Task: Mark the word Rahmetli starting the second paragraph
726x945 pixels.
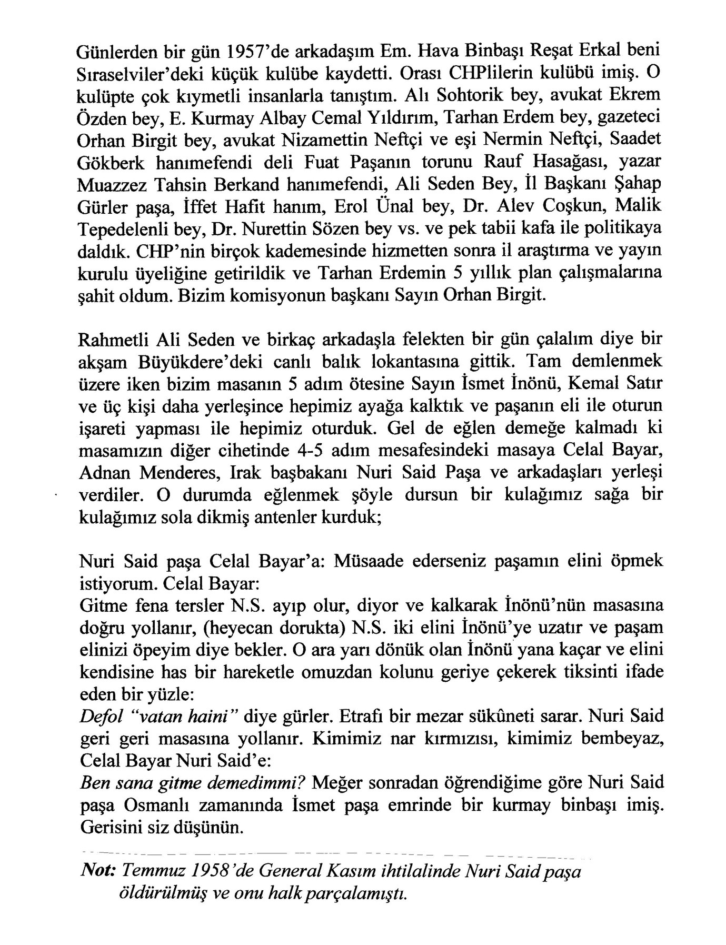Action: click(113, 340)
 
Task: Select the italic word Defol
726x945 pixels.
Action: click(100, 717)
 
